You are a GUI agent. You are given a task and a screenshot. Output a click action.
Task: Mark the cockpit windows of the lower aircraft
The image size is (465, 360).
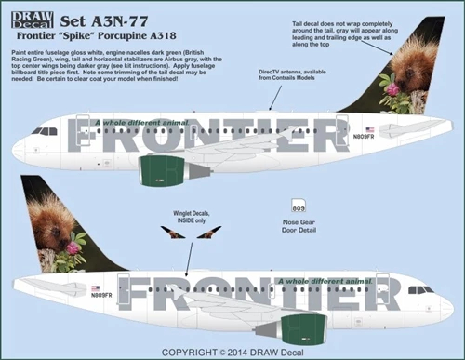pos(425,289)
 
